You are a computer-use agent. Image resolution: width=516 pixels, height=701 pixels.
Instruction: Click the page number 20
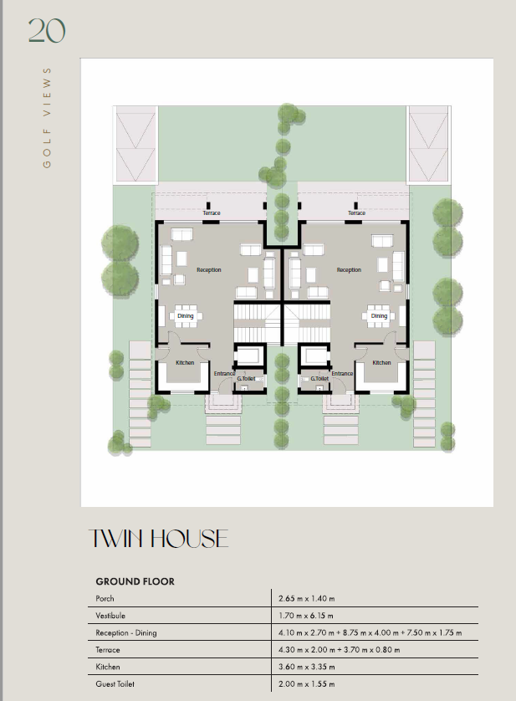47,31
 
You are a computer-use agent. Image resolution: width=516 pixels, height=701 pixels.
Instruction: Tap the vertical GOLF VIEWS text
47,118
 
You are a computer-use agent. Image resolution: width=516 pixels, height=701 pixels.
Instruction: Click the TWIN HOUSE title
158,538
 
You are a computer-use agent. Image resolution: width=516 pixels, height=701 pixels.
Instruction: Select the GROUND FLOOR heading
135,581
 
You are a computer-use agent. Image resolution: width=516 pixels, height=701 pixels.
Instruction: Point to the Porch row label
105,599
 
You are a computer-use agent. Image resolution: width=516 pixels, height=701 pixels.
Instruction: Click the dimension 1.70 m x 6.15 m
306,616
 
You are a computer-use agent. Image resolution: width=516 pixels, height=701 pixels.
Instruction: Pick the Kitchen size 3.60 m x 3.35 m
307,667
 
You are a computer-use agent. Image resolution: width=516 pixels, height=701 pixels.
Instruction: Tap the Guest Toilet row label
115,684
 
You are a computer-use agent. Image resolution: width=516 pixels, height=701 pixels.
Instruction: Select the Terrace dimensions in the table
339,650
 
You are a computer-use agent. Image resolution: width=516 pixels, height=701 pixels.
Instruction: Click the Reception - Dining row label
126,633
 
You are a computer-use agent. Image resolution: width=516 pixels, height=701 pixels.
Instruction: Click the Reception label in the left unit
209,270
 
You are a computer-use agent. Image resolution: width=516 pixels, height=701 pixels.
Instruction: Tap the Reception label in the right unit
349,270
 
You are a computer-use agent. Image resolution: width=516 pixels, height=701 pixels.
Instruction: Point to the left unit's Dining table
185,316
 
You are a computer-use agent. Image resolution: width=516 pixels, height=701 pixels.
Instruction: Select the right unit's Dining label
379,316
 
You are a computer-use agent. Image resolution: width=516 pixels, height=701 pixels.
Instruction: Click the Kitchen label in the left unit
185,362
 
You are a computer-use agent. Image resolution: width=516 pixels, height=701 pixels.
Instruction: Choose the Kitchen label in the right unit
381,362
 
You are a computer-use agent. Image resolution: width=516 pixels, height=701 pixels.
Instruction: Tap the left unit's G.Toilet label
246,379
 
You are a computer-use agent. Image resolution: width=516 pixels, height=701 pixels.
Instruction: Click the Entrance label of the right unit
342,374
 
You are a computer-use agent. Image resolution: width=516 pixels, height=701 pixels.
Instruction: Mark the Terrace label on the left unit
212,213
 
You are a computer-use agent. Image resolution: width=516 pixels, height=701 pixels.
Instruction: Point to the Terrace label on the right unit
357,213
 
